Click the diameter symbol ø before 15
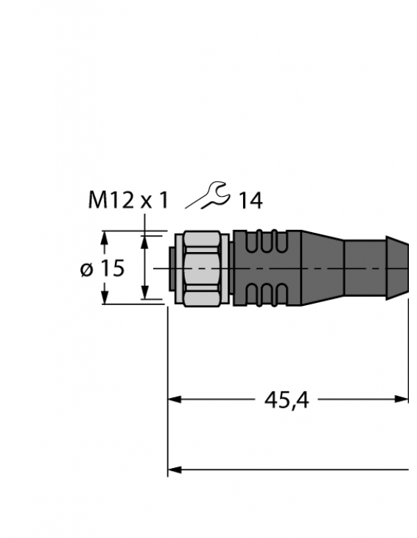pos(86,270)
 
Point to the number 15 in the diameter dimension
pos(113,269)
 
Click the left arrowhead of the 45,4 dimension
pos(175,399)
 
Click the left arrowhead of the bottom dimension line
pos(175,469)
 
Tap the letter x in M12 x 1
pos(147,200)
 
